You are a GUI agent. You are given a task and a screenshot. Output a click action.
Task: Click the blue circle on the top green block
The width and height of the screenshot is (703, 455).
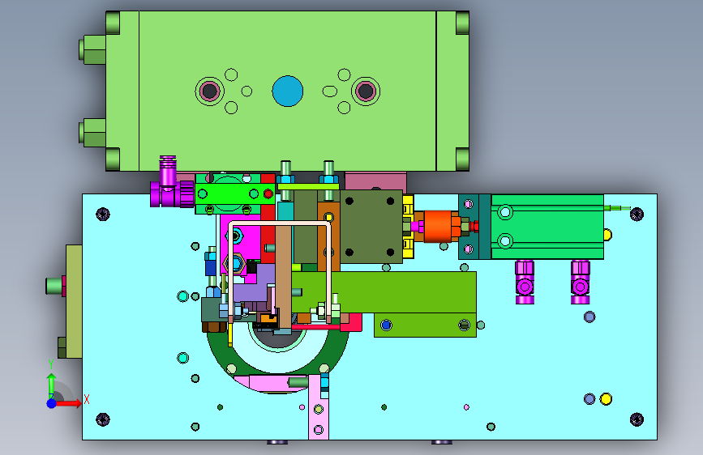[x=287, y=91]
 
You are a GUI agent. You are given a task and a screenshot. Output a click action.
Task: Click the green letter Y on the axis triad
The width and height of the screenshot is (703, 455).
[x=51, y=364]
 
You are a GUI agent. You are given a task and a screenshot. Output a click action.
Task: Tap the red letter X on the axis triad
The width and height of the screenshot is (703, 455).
[x=87, y=399]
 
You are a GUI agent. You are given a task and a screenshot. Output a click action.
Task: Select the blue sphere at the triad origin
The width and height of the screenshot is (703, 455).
[x=52, y=403]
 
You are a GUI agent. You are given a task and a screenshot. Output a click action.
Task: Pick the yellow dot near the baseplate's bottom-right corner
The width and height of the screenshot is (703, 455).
[x=606, y=398]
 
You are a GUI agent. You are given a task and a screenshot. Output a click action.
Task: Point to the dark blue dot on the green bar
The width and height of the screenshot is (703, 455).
[x=386, y=325]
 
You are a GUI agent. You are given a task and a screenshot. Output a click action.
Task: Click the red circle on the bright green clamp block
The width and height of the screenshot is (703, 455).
[x=268, y=194]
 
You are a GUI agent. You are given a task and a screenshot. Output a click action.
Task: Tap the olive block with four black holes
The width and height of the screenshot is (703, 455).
[x=371, y=226]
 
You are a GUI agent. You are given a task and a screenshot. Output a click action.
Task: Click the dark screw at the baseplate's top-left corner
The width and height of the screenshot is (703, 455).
[x=103, y=214]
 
